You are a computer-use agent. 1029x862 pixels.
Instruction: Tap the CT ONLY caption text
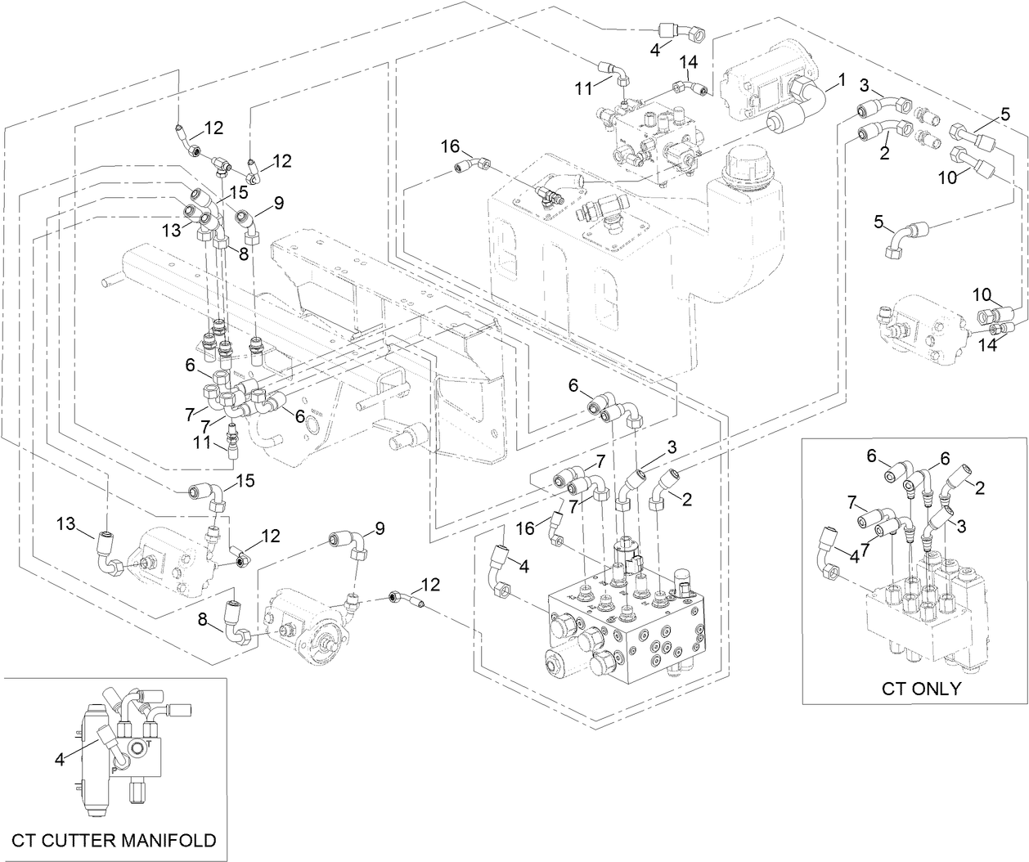920,688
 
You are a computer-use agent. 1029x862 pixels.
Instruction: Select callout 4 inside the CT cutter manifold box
59,760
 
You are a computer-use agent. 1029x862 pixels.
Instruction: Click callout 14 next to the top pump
689,62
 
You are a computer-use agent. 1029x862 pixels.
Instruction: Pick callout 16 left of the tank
451,146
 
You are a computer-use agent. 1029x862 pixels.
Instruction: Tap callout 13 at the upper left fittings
170,231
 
